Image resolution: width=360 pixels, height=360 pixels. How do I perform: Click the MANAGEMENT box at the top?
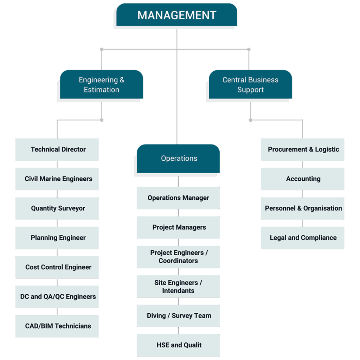[177, 15]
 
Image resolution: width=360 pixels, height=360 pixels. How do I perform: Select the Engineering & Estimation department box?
[102, 85]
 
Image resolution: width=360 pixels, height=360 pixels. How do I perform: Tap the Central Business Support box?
[250, 85]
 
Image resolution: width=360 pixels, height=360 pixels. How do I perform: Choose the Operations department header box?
[179, 159]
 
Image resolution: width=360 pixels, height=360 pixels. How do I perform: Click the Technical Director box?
[58, 149]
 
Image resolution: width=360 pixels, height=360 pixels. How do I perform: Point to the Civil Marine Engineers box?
[58, 179]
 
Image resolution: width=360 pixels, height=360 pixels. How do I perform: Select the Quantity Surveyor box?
[58, 208]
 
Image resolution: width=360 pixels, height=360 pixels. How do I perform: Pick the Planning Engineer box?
[58, 238]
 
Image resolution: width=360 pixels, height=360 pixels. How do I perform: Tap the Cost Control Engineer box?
[58, 268]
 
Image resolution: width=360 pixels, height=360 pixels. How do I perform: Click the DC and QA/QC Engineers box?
[58, 297]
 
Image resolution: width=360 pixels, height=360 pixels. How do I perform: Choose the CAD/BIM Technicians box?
[58, 326]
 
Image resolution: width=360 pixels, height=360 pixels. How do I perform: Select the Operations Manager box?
[178, 198]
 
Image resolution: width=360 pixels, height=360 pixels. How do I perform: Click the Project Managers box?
[179, 227]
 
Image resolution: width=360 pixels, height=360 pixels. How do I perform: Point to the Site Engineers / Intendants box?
[178, 287]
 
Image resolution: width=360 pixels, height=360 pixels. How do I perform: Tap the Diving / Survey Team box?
[179, 316]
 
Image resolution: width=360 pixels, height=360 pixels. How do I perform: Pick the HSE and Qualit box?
[179, 345]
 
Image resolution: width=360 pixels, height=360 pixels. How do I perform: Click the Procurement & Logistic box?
[303, 149]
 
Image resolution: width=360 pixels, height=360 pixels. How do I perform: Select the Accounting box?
[303, 179]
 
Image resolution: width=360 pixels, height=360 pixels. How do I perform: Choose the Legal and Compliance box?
[303, 238]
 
